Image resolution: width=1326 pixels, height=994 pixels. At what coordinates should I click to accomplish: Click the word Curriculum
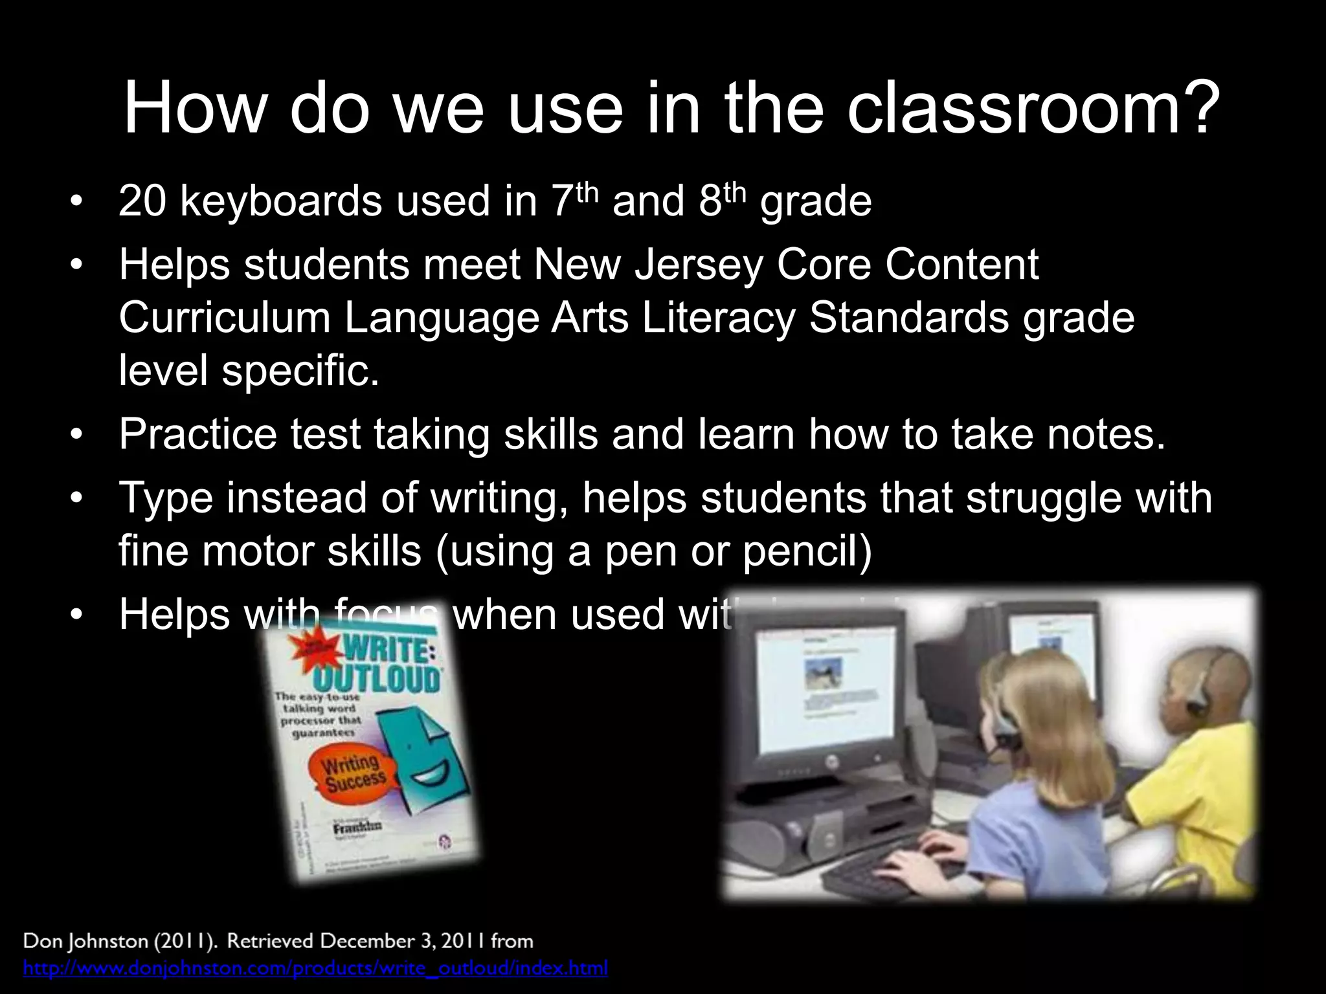tap(224, 318)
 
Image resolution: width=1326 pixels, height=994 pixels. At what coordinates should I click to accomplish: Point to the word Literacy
tap(718, 318)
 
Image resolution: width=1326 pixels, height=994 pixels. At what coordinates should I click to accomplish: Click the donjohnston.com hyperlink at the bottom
tap(315, 968)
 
